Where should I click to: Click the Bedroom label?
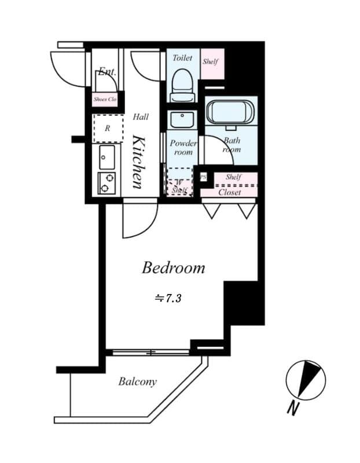pyautogui.click(x=174, y=268)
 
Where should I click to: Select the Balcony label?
pyautogui.click(x=138, y=381)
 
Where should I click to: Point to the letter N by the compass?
pyautogui.click(x=293, y=407)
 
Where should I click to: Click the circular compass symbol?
pyautogui.click(x=306, y=380)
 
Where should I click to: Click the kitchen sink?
pyautogui.click(x=107, y=156)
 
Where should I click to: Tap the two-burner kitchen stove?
pyautogui.click(x=106, y=183)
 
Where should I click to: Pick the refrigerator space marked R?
pyautogui.click(x=108, y=128)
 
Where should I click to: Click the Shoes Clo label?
pyautogui.click(x=105, y=100)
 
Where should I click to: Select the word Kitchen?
pyautogui.click(x=139, y=161)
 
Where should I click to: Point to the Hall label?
pyautogui.click(x=141, y=117)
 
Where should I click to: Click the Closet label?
pyautogui.click(x=230, y=192)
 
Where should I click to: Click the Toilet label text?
pyautogui.click(x=182, y=58)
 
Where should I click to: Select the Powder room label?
pyautogui.click(x=183, y=148)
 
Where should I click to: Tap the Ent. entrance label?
pyautogui.click(x=107, y=72)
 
